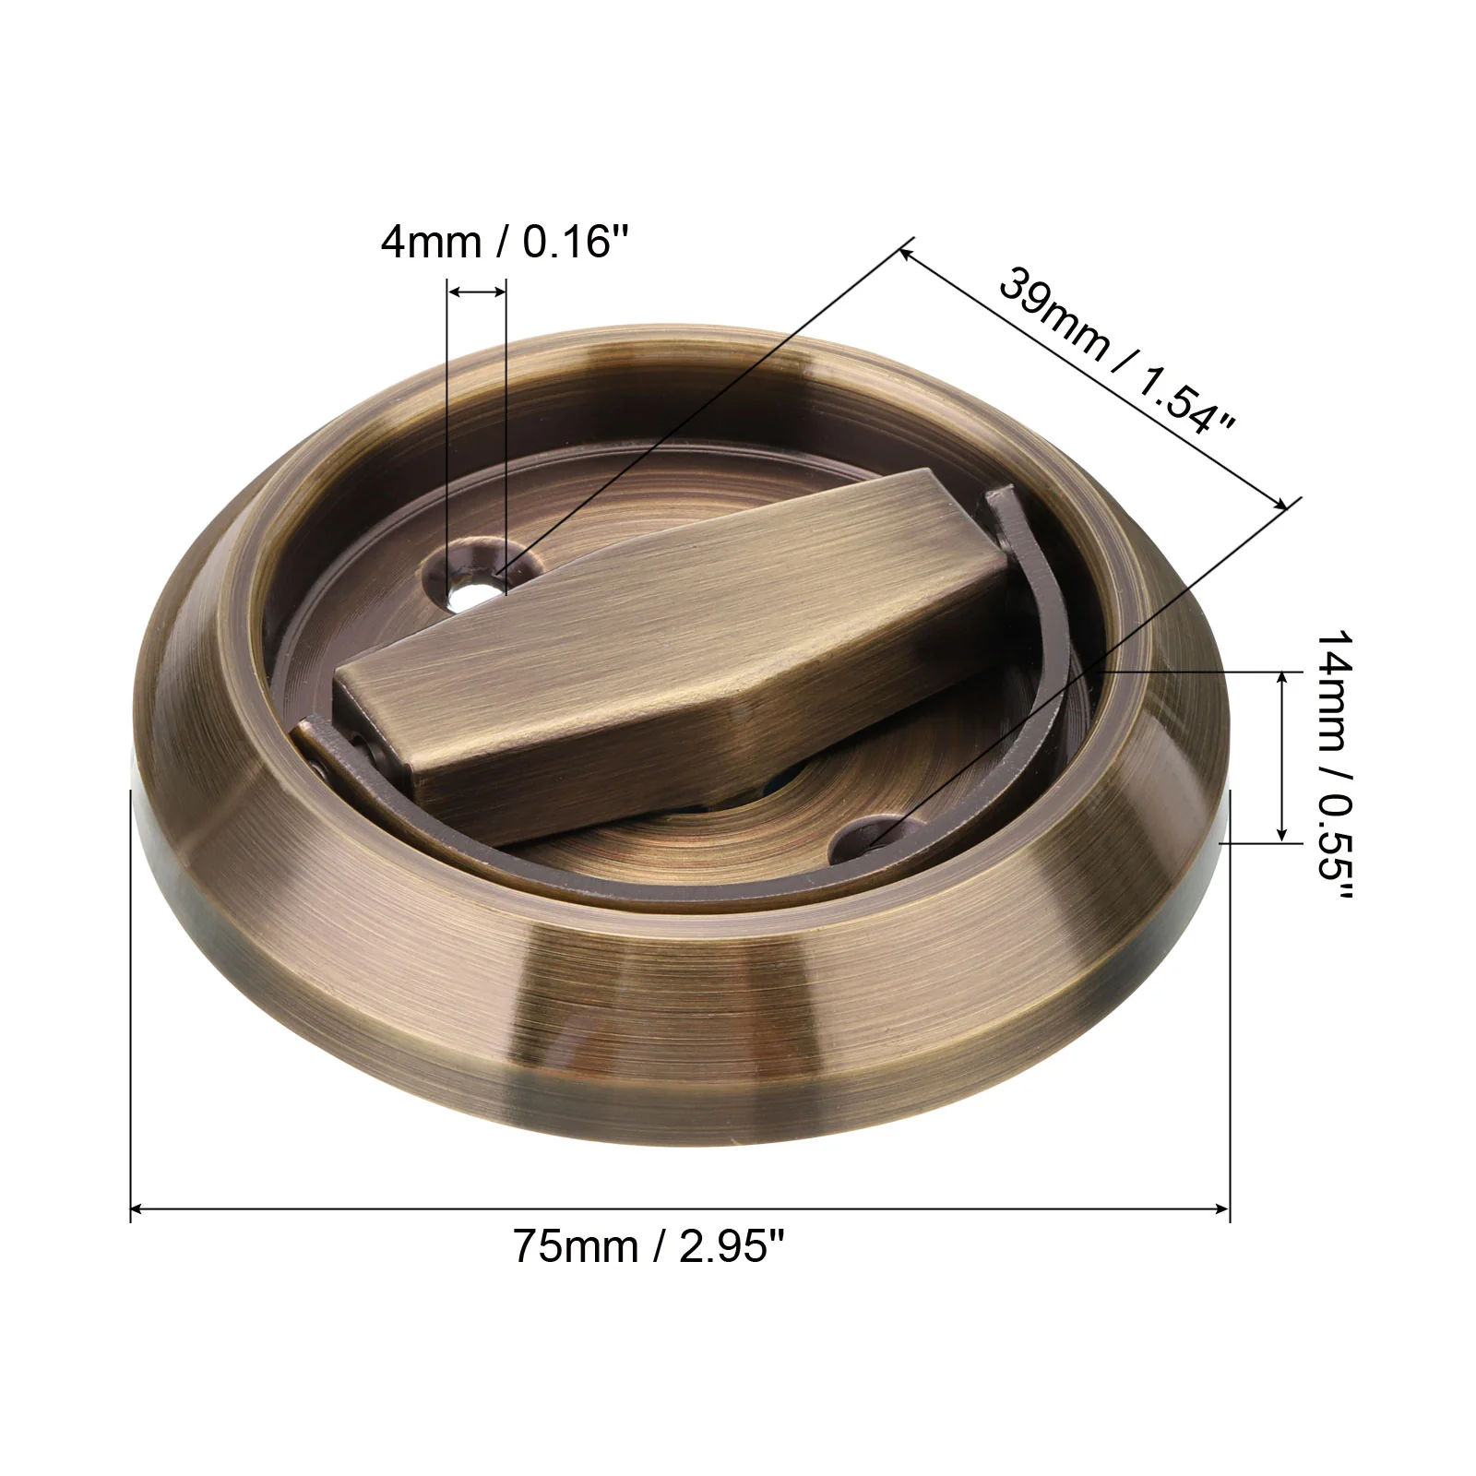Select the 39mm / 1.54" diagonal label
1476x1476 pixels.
(1117, 350)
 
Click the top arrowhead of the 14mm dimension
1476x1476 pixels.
(1281, 679)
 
